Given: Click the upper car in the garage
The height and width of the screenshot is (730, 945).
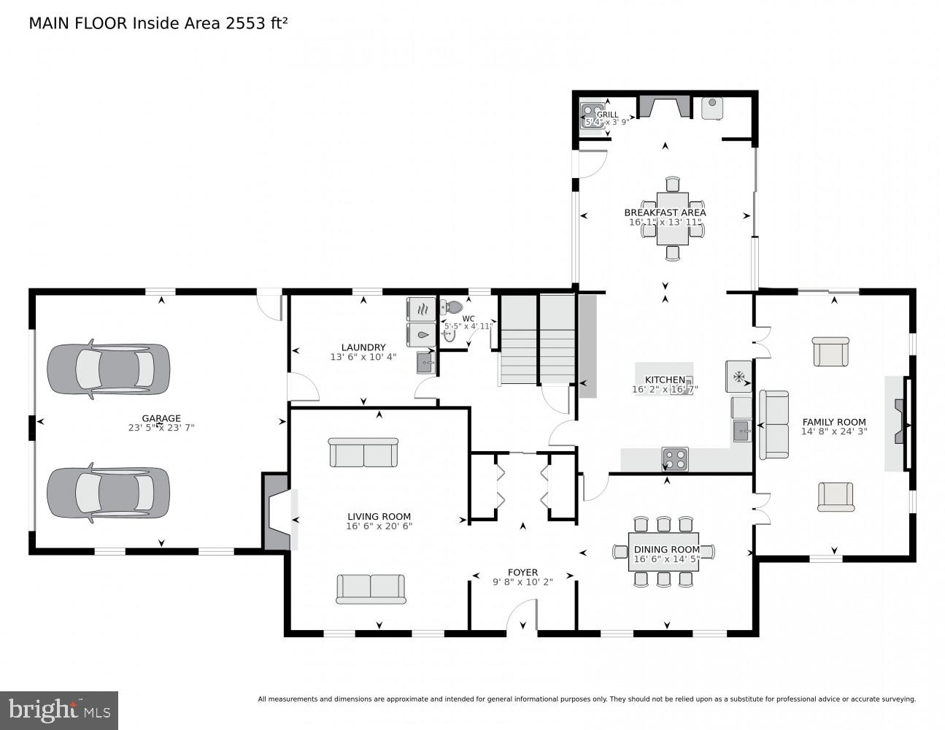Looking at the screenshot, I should (108, 369).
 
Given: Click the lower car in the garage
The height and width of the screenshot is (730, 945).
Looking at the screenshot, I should (108, 493).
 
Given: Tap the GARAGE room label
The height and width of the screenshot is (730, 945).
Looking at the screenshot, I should (161, 418).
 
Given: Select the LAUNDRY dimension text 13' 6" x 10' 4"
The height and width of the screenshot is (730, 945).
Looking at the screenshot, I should (363, 357).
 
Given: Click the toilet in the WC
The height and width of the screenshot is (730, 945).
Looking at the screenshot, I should (453, 307).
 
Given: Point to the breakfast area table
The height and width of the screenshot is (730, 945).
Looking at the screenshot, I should (672, 218).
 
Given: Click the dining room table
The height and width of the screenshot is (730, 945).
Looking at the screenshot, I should (666, 551).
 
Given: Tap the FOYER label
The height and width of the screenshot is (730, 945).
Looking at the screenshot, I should (522, 572).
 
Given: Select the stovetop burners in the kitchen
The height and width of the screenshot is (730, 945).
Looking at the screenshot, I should (674, 458).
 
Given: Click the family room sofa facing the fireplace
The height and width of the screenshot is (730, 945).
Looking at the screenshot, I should (774, 425).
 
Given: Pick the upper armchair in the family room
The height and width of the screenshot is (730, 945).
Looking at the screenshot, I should (831, 352).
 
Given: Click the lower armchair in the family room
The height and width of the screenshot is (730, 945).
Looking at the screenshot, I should (836, 496).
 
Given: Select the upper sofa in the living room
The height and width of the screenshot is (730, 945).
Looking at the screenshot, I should (363, 453).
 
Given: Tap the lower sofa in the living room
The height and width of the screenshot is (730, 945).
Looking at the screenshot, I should (371, 588).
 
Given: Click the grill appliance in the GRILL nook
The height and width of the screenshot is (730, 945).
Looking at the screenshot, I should (590, 114).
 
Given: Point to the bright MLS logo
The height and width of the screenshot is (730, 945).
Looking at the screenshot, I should (59, 710).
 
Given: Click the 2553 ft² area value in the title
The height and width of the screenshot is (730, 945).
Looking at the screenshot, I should (255, 23).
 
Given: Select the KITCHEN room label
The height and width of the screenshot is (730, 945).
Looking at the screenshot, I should (665, 380).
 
